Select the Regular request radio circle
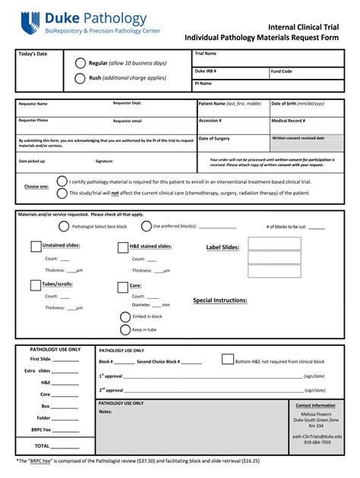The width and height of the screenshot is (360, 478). coord(81,63)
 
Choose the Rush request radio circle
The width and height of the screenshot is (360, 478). coord(81,78)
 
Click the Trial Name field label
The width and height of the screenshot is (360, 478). coord(206,54)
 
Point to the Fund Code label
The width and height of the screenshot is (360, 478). coord(282,71)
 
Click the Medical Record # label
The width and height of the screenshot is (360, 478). coord(289,121)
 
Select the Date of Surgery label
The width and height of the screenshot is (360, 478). coord(214,138)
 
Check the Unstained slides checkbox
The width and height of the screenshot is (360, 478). coord(36,246)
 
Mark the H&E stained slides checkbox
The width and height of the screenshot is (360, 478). coord(123,247)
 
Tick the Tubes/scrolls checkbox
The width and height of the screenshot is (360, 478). coord(36,285)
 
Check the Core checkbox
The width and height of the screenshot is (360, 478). coord(123,287)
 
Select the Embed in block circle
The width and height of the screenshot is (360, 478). coord(125,316)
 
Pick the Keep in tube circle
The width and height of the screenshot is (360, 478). coord(125,330)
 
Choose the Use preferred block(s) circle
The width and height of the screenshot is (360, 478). coord(147,226)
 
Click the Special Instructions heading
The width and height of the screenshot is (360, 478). coord(219,300)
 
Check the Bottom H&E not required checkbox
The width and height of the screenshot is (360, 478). coord(227,360)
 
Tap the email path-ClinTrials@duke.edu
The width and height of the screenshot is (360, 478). coord(317,436)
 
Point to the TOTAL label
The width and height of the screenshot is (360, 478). coord(42,446)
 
